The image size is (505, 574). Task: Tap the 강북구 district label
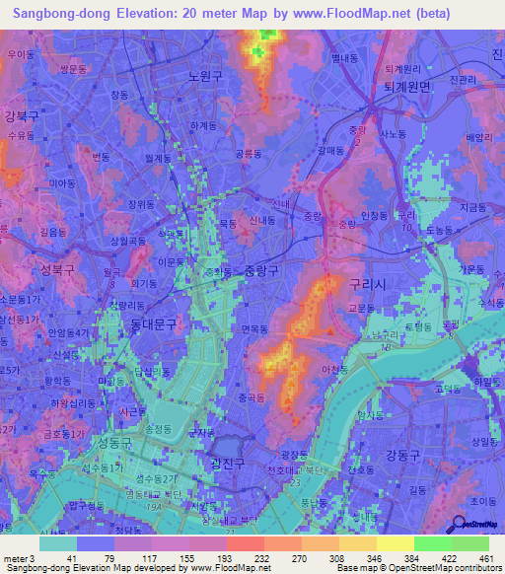(21, 115)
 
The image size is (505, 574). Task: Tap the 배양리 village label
(477, 137)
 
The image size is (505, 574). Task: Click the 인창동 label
(374, 215)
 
